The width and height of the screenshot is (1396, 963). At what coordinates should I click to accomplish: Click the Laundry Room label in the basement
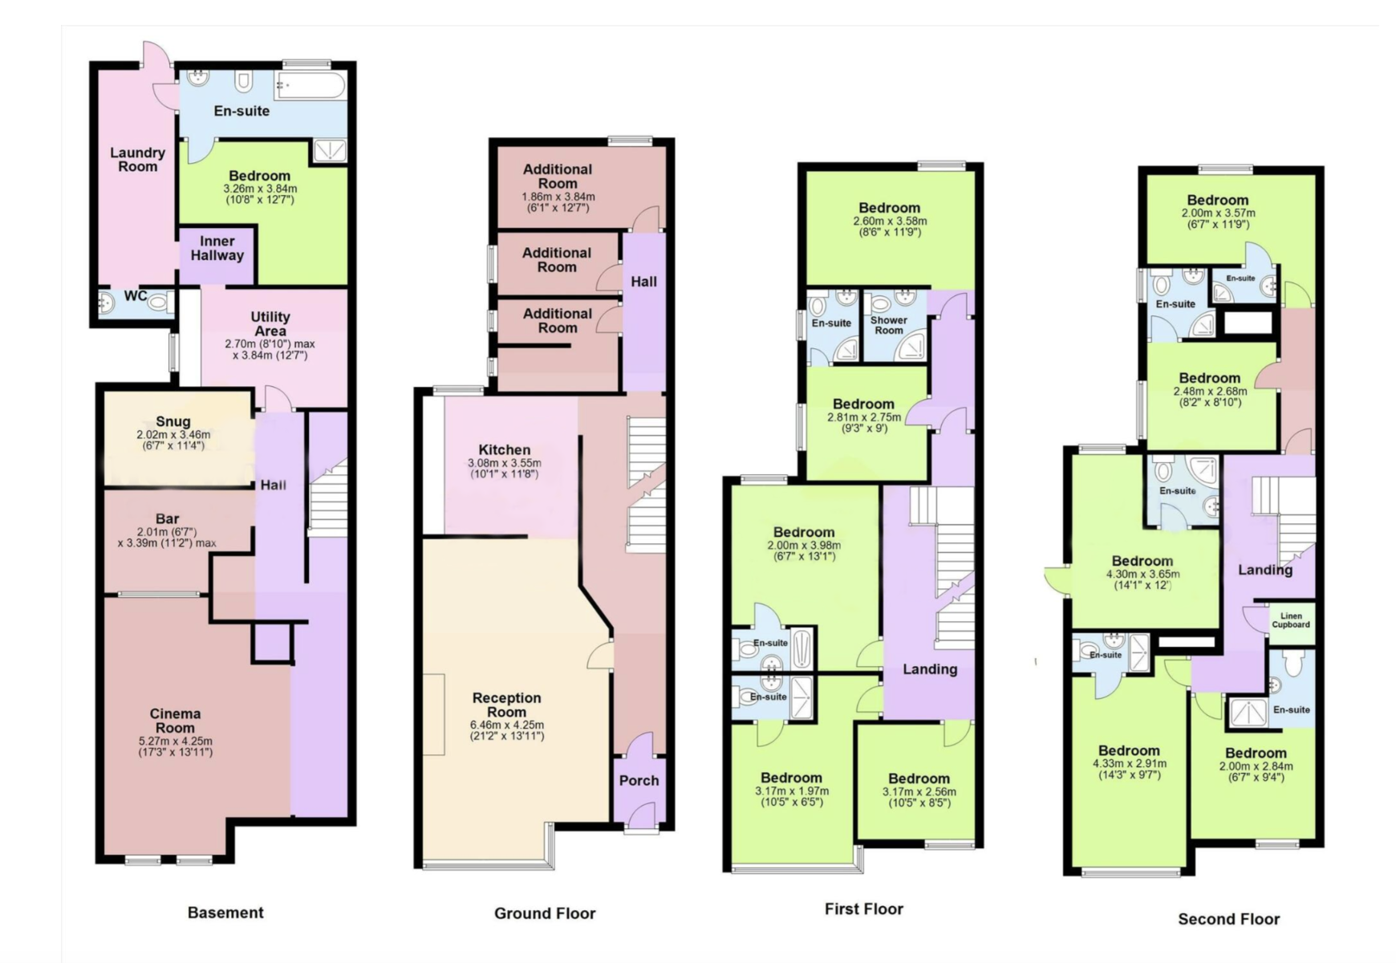(x=137, y=160)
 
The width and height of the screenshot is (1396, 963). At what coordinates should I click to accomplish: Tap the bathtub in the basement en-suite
(x=310, y=84)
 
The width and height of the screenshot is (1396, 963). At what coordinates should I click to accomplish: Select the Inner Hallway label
(x=217, y=248)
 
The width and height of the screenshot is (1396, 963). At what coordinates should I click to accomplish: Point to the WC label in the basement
(x=135, y=296)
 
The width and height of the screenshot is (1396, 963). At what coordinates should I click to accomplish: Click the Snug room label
(x=173, y=421)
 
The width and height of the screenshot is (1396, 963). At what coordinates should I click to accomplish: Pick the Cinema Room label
(x=175, y=721)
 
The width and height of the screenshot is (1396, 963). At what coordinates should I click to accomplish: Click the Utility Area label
(x=270, y=323)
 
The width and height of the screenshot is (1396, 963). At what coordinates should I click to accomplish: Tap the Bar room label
(x=167, y=518)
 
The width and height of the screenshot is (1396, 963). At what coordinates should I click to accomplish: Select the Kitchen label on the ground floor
(x=505, y=449)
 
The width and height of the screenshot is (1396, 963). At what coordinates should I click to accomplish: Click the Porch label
(x=639, y=780)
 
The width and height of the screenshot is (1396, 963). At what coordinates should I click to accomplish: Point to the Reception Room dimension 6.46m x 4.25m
(x=507, y=725)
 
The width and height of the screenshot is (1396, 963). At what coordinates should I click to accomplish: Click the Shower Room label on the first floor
(x=889, y=325)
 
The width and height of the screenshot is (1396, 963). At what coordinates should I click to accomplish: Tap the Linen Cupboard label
(x=1291, y=620)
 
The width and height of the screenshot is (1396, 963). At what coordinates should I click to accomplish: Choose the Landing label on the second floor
(x=1265, y=570)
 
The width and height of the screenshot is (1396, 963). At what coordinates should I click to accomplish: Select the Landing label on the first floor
(x=930, y=669)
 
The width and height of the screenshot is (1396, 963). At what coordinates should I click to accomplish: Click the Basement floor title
(x=225, y=912)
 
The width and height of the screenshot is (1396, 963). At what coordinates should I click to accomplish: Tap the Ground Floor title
(x=545, y=913)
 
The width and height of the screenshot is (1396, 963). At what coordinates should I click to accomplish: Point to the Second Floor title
(x=1228, y=919)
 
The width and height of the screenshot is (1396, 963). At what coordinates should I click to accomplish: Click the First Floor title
(x=864, y=909)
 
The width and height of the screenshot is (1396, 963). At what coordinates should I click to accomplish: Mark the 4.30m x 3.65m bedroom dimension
(x=1142, y=575)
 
